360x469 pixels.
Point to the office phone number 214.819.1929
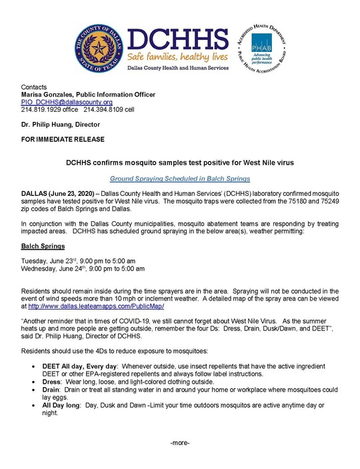pyautogui.click(x=45, y=109)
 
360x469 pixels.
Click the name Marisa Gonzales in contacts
pyautogui.click(x=48, y=95)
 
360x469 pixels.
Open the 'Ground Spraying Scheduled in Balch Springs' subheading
pyautogui.click(x=180, y=179)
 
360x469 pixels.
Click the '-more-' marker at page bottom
pyautogui.click(x=180, y=443)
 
